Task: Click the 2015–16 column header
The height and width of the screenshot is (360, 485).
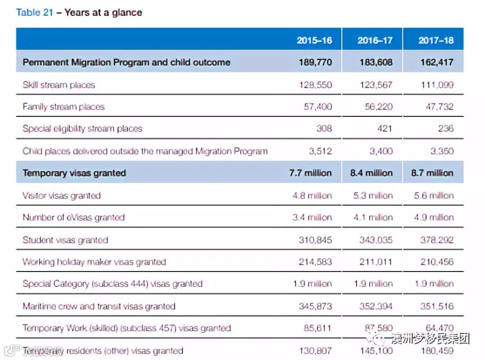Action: [x=314, y=40]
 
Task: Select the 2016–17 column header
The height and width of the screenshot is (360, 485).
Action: [x=375, y=40]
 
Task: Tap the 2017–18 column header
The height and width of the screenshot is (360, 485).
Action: [x=436, y=40]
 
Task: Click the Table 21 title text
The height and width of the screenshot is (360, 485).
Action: [x=79, y=12]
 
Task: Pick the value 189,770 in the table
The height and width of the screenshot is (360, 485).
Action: [x=315, y=62]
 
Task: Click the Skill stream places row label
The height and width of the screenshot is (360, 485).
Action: [x=59, y=84]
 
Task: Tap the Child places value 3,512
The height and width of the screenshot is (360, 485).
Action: [x=320, y=151]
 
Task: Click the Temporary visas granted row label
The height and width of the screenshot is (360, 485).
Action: [x=74, y=173]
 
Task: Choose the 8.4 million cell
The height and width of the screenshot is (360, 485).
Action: [x=371, y=173]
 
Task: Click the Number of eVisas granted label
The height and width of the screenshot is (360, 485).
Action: [x=74, y=218]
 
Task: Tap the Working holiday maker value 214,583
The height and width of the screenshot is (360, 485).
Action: [x=315, y=262]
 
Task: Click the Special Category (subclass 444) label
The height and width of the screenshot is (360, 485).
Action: [x=112, y=284]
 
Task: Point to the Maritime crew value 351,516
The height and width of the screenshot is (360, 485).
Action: [x=436, y=306]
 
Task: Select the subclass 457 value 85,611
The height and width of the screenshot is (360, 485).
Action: [x=317, y=328]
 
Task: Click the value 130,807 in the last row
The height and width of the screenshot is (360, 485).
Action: [x=315, y=351]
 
